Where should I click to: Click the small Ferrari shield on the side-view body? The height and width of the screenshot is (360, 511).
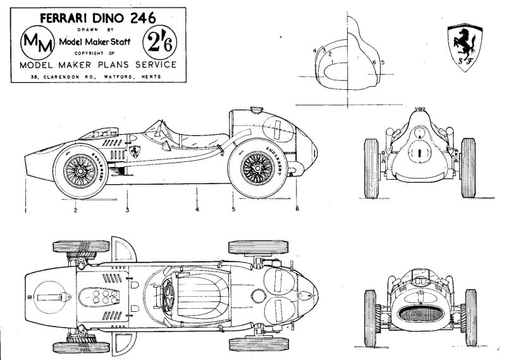pyautogui.click(x=135, y=152)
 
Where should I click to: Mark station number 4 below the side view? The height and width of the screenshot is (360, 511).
pyautogui.click(x=197, y=209)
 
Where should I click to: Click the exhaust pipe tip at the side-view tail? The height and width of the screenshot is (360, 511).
pyautogui.click(x=292, y=171)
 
